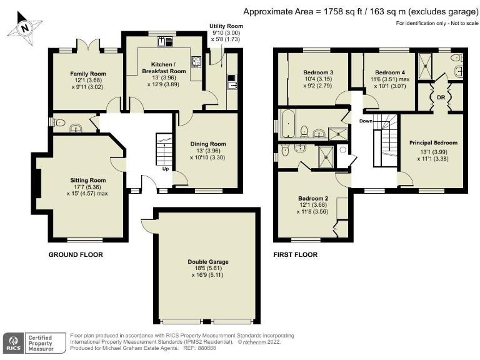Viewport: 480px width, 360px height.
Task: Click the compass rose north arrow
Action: point(24,27)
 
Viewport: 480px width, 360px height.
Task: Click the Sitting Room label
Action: point(87,180)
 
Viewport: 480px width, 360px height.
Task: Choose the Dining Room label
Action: point(208,144)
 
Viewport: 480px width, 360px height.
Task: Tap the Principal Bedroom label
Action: point(433,142)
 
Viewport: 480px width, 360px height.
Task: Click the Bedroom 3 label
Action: point(318,72)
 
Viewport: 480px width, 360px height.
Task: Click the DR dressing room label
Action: point(441,97)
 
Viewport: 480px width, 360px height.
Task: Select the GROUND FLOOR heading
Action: point(76,254)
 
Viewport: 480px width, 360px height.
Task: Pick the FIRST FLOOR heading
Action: point(296,254)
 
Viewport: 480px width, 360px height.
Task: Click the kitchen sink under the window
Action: point(167,42)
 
